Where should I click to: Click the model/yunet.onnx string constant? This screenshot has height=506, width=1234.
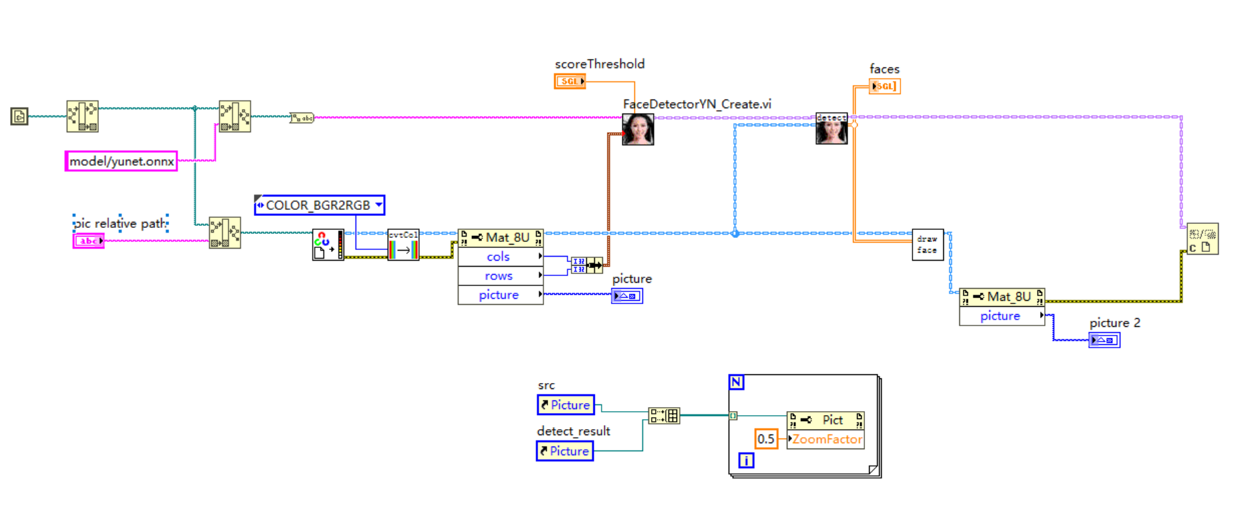pos(121,161)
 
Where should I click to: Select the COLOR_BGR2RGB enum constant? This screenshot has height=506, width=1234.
pos(319,205)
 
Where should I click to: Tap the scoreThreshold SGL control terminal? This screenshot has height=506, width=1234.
pos(570,82)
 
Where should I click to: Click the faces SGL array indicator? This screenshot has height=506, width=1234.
pos(884,86)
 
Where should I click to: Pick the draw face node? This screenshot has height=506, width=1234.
pos(927,245)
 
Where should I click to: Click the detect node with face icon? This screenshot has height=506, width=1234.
pos(832,128)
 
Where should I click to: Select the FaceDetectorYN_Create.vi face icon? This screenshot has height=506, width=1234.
pos(638,129)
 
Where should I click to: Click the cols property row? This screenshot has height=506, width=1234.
pos(499,257)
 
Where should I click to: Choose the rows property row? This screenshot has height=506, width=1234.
pos(499,276)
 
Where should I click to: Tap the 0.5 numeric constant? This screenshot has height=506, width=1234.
pos(766,439)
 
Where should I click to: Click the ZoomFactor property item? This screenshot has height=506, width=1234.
pos(826,439)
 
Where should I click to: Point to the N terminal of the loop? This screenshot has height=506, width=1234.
pos(736,382)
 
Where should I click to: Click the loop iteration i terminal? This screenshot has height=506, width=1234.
pos(746,460)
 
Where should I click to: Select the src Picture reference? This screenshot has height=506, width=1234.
pos(566,405)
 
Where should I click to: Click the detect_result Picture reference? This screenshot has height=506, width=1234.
pos(565,451)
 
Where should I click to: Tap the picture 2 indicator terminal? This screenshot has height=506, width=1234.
pos(1104,340)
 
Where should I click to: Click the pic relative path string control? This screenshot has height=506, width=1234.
pos(88,241)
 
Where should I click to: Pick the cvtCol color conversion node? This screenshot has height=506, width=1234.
pos(403,245)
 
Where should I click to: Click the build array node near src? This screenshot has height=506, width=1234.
pos(664,416)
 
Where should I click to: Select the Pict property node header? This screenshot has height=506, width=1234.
pos(826,420)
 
